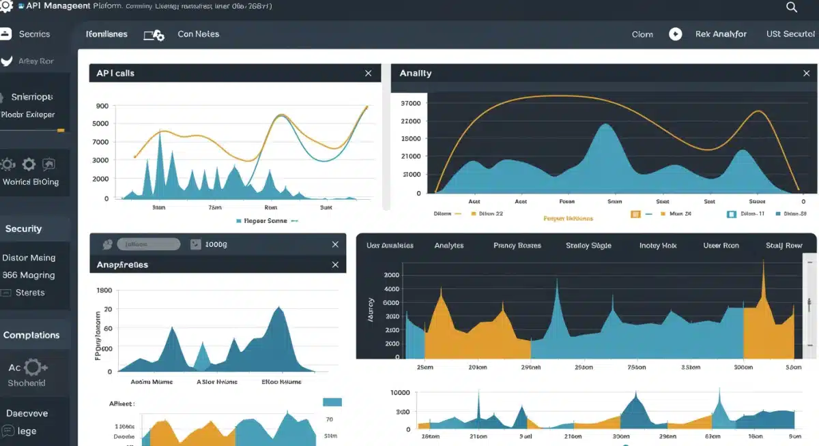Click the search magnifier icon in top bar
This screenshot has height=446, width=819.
[792, 7]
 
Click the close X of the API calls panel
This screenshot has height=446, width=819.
[369, 73]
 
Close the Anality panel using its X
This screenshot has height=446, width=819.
[807, 73]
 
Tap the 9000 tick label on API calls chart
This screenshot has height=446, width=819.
[102, 106]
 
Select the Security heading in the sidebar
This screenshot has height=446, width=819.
[23, 229]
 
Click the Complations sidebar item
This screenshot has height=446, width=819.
[31, 335]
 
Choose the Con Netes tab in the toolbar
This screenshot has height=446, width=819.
[198, 34]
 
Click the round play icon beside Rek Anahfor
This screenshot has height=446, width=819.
[675, 34]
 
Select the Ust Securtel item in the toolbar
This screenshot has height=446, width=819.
[790, 34]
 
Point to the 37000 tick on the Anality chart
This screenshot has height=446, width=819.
[412, 104]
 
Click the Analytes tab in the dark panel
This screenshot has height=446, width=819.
[449, 246]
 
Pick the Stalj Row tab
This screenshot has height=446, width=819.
[784, 246]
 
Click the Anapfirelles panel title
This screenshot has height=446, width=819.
[122, 265]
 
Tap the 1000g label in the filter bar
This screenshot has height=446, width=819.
[216, 244]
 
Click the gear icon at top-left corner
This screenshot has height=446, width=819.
[7, 6]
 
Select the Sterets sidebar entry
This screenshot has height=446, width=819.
[30, 293]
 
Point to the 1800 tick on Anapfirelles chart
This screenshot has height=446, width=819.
[104, 291]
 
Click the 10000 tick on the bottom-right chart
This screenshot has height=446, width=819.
[399, 393]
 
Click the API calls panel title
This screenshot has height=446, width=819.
[115, 73]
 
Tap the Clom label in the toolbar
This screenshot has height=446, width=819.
[642, 34]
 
